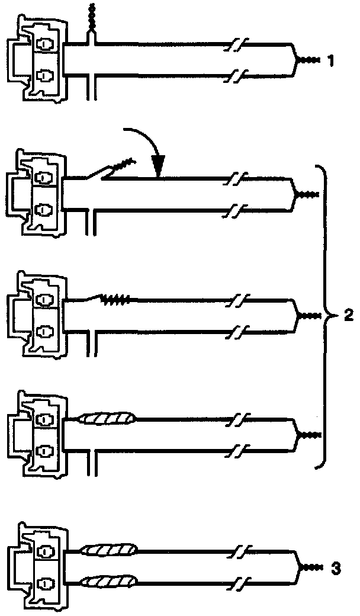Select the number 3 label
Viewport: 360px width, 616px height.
336,569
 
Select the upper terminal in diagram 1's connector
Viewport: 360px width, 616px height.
45,44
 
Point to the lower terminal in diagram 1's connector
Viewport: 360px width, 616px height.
45,75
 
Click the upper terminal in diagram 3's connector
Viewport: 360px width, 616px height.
45,552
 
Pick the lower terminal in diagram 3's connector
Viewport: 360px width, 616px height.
45,584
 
